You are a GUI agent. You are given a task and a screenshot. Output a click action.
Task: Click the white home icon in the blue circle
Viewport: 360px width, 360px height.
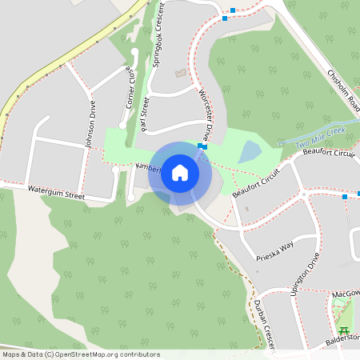[x=180, y=172]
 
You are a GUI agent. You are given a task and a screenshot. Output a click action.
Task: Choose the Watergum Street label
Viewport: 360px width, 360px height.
[x=56, y=192]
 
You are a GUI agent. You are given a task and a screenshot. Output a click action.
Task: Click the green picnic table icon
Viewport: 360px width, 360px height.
[x=345, y=330]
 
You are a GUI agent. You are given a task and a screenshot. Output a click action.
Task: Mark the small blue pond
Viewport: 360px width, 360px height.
[x=250, y=151]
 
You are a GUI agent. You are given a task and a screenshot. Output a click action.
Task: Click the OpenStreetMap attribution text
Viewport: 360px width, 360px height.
[x=81, y=354]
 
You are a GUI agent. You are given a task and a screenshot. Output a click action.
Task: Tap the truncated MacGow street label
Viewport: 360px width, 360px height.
[x=346, y=296]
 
